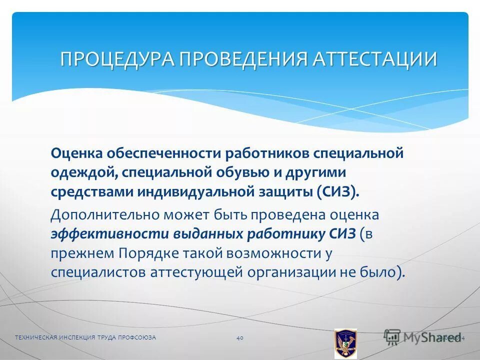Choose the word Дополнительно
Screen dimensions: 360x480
tap(103, 215)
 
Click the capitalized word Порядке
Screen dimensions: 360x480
tap(149, 253)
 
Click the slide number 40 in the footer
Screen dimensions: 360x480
tap(239, 338)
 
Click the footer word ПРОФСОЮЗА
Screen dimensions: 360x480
tap(137, 338)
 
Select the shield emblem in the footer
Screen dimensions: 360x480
tap(345, 343)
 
